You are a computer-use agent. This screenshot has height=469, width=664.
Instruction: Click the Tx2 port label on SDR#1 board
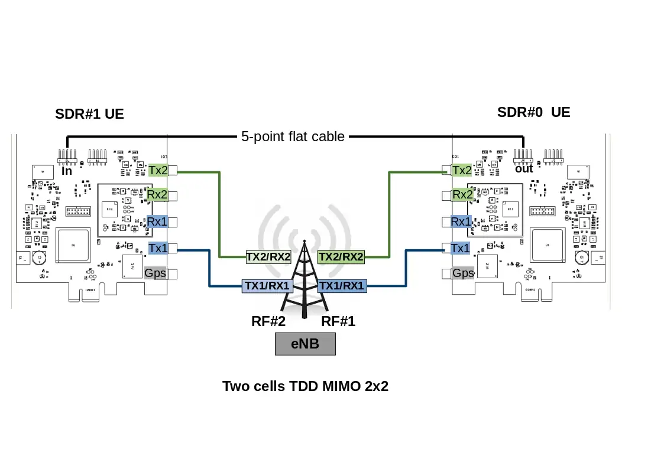click(158, 171)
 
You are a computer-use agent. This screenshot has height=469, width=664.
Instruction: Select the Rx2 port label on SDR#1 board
click(158, 195)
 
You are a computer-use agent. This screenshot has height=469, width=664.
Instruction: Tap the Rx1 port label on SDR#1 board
click(158, 222)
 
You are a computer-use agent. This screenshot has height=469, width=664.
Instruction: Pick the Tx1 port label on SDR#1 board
click(158, 248)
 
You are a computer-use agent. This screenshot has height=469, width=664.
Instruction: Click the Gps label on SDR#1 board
click(156, 273)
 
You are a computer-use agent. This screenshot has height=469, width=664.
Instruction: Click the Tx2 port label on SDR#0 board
click(461, 171)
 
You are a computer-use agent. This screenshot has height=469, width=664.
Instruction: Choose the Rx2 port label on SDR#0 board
click(462, 195)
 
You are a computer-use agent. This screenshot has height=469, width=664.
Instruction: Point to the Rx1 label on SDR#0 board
click(461, 222)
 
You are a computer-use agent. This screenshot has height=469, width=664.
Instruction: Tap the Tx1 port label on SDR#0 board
click(461, 248)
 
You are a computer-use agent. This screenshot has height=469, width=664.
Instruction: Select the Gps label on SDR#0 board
click(463, 273)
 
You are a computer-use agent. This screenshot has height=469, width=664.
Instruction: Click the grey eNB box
click(305, 344)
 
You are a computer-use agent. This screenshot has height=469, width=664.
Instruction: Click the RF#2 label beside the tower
click(268, 322)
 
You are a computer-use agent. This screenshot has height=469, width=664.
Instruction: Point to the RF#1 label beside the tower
click(338, 322)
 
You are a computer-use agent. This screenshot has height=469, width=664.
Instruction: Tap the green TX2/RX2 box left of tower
click(268, 257)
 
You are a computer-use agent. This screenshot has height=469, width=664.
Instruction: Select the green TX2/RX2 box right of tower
click(341, 257)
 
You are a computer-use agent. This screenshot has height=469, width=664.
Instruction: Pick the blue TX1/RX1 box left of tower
click(268, 286)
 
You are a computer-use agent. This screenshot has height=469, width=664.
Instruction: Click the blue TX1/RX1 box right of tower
click(342, 286)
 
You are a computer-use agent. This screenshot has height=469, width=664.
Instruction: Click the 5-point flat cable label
click(293, 136)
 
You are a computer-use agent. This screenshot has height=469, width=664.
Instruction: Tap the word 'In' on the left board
click(67, 171)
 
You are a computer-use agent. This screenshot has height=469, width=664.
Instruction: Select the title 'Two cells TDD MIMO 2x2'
click(305, 386)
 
